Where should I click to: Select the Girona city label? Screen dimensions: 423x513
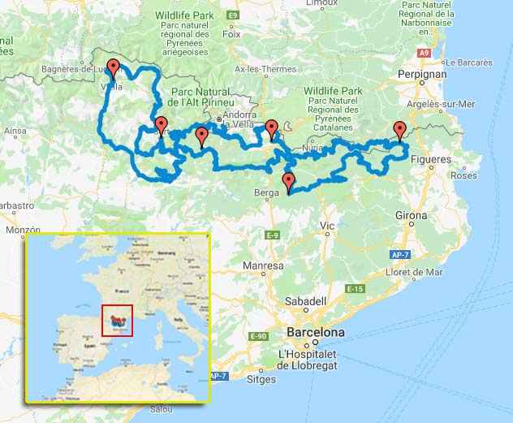tap(412, 216)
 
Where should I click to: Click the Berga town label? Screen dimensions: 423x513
tap(264, 193)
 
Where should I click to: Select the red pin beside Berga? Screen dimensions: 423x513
tap(288, 181)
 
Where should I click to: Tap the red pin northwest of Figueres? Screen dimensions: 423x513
tap(399, 128)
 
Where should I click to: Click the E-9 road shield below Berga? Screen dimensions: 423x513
tap(273, 235)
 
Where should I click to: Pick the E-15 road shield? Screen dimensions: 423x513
tap(353, 289)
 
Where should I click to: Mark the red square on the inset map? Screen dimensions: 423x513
tap(117, 320)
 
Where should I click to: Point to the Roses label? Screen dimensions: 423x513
tap(463, 175)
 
